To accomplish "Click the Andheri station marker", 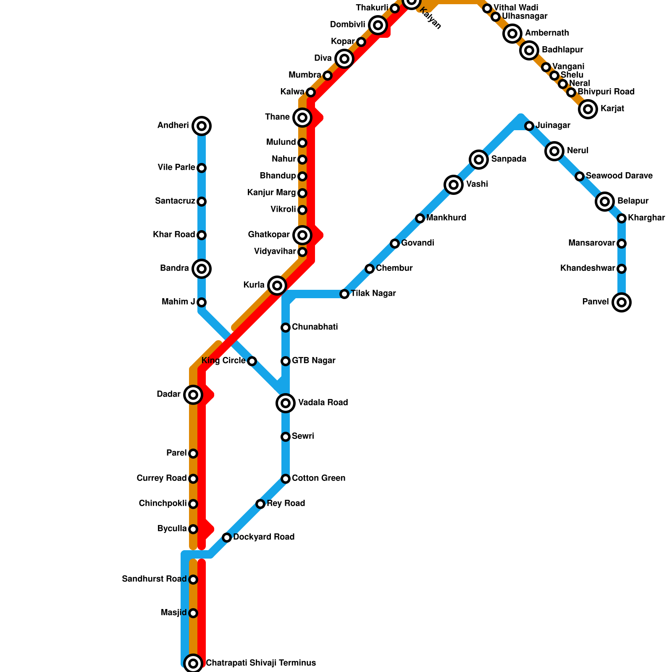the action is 202,126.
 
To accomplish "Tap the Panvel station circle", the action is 622,302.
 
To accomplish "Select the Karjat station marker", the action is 588,109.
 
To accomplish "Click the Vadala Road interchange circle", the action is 286,403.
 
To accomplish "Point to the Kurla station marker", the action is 277,286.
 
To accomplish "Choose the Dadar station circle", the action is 193,395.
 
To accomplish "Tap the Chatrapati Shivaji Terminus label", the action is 261,663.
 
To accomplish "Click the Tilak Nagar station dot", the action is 344,294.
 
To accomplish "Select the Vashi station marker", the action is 453,184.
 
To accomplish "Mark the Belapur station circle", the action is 604,202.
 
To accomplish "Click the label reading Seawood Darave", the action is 619,176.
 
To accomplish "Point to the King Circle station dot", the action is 252,361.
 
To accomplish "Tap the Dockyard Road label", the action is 264,537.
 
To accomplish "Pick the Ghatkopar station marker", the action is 302,235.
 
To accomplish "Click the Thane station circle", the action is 302,118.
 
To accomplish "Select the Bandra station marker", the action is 202,269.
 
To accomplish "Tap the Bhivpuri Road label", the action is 606,92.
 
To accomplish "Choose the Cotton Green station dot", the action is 286,479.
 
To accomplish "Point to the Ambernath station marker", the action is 512,33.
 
